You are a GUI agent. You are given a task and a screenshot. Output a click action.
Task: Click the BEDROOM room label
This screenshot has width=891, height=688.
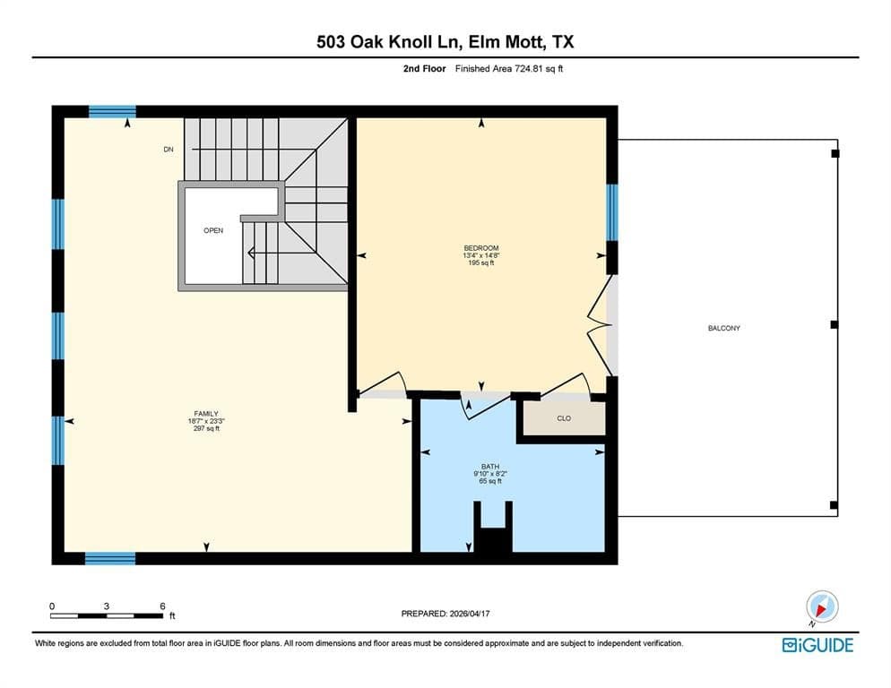(481, 248)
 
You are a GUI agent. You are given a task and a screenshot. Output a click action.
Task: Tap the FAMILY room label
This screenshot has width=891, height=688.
(206, 414)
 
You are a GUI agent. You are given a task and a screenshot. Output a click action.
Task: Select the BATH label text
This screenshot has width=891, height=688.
(490, 467)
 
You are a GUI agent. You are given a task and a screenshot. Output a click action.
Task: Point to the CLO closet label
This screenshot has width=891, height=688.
(564, 418)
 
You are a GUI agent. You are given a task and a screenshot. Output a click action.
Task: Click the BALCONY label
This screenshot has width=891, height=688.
(724, 328)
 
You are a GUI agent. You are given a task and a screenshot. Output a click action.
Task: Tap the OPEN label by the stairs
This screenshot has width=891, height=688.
(213, 230)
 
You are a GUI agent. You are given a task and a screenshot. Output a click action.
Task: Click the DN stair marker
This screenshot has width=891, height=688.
(169, 150)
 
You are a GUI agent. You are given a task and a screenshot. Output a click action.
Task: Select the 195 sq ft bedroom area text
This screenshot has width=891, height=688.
(481, 263)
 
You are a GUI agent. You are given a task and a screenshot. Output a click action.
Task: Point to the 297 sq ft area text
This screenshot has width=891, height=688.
(206, 428)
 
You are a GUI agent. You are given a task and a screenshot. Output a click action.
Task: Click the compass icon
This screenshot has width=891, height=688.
(822, 606)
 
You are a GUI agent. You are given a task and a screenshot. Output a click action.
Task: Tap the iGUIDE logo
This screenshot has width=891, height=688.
(817, 645)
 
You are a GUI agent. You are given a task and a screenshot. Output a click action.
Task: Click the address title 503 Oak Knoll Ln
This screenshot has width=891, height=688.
(388, 41)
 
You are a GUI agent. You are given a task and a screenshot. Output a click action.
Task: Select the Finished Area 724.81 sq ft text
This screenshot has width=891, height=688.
(509, 69)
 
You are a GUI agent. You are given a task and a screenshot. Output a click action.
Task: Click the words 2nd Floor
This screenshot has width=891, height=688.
(425, 69)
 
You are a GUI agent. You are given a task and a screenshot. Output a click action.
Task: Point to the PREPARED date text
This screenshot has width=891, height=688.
(445, 614)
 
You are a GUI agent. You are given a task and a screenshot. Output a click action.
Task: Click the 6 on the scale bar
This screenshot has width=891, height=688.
(162, 606)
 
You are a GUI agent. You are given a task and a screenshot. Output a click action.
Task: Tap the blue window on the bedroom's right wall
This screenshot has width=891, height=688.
(612, 212)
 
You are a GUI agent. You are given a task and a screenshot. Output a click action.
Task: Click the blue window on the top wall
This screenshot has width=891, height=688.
(113, 111)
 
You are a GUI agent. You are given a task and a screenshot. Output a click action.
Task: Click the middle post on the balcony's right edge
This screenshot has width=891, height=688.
(835, 324)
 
